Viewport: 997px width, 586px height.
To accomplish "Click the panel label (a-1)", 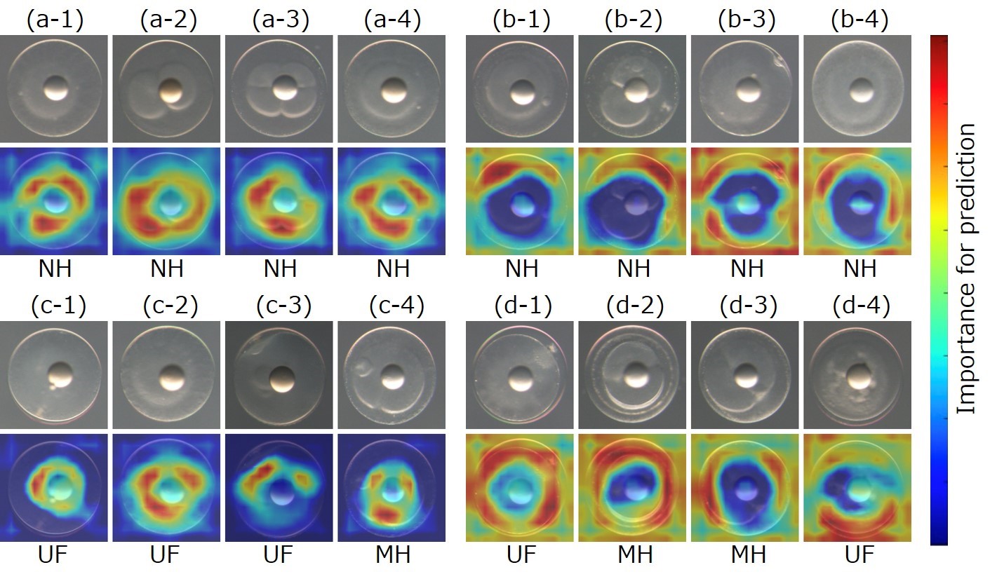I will click(x=54, y=20).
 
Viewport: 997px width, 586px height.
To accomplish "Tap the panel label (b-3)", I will click(x=747, y=20).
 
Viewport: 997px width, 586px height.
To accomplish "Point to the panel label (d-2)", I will click(x=634, y=306).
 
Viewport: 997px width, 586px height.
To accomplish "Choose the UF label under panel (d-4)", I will click(x=859, y=554).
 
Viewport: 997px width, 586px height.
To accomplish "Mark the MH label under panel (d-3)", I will click(x=747, y=554).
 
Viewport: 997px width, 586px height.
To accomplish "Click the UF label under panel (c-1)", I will click(x=54, y=554).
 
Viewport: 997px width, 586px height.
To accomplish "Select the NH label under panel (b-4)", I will click(x=859, y=268).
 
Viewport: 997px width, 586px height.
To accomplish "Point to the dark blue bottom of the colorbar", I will click(x=939, y=540).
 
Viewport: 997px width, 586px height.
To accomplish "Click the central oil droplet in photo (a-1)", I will click(x=55, y=89).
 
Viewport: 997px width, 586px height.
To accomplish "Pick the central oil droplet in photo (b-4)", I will click(x=861, y=90).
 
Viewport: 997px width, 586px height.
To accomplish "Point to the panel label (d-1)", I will click(x=521, y=306).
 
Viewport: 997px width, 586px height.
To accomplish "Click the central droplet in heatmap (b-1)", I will click(x=522, y=205).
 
